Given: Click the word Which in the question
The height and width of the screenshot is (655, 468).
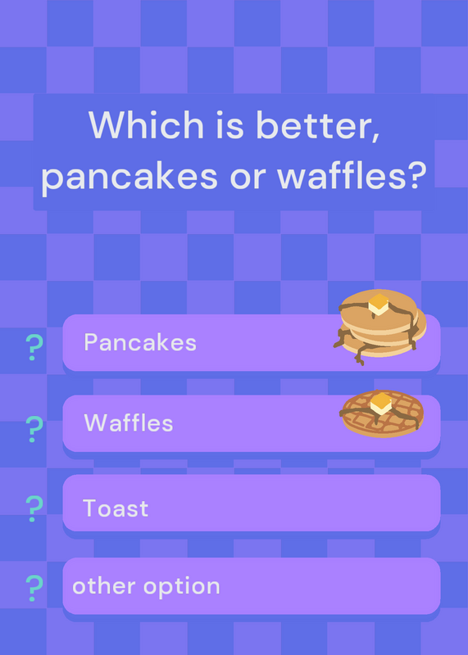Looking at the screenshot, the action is [x=146, y=124].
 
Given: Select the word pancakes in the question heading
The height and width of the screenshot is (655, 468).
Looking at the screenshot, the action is [x=129, y=176].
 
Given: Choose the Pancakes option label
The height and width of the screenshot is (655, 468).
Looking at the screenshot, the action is [x=140, y=342].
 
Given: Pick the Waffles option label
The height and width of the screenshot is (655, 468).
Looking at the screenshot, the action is [x=129, y=422].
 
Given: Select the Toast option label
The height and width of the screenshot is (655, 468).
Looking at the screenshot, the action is [x=116, y=508].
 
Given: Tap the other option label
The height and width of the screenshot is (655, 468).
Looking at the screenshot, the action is [x=146, y=587].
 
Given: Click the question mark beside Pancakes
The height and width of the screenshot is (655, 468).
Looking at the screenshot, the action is [x=34, y=347].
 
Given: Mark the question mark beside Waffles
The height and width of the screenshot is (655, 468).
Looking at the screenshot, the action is [x=34, y=429].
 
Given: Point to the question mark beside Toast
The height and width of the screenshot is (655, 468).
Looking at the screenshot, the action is [x=34, y=508].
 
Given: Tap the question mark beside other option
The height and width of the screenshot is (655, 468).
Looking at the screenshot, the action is [x=34, y=588].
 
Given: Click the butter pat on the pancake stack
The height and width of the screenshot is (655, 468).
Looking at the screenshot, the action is [x=379, y=305].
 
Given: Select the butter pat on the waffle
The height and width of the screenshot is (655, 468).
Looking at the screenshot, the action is [x=381, y=404].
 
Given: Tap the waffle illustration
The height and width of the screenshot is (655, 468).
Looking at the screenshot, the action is [x=382, y=413].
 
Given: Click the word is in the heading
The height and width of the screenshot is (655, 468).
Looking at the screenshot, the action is [x=229, y=124].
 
